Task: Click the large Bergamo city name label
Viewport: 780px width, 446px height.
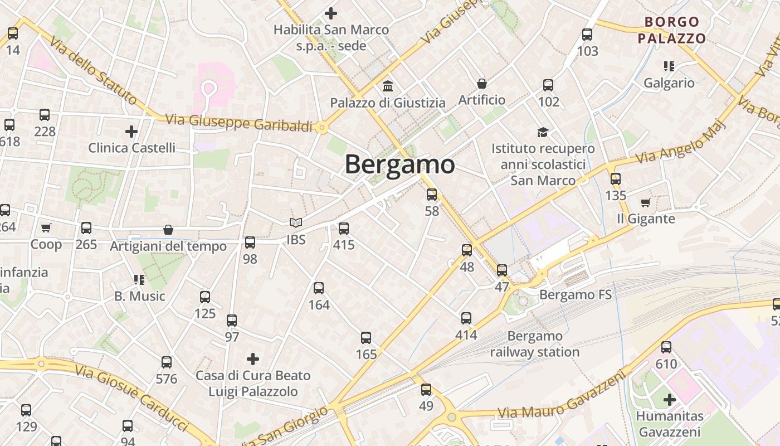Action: [399, 164]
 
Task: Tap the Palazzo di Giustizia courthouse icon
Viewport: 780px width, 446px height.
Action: [388, 86]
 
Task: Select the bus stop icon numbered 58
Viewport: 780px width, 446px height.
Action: [432, 195]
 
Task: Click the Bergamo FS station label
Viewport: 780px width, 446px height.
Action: [576, 294]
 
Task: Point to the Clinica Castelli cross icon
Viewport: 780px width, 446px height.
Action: [131, 132]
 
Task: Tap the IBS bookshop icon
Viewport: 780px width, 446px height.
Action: [296, 223]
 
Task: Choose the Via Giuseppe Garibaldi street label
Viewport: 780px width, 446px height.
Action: [239, 123]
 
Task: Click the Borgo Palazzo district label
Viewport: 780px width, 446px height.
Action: [672, 30]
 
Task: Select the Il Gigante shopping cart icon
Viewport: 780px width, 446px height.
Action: [646, 202]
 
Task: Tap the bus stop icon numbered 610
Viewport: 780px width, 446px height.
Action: [666, 348]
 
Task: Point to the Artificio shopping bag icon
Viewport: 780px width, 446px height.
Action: [482, 84]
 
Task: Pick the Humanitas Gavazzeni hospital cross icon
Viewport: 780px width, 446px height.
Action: [670, 400]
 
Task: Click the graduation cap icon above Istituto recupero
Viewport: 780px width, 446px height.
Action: [543, 132]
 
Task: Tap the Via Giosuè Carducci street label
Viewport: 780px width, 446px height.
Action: [131, 397]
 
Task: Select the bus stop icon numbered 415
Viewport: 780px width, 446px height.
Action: [344, 228]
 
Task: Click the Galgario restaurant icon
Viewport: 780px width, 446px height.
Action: [669, 67]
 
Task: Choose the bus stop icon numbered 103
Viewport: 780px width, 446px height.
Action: [587, 35]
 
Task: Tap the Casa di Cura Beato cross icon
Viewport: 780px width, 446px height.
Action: [253, 358]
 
